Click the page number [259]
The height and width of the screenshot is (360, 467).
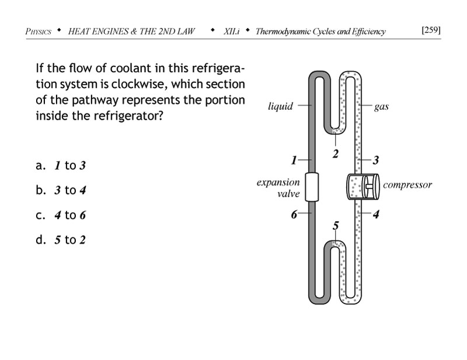coord(430,30)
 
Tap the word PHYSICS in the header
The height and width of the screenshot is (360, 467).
coord(39,32)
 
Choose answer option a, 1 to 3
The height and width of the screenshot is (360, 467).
coord(61,166)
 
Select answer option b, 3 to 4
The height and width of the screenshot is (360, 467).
coord(61,190)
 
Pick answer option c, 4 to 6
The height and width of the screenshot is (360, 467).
coord(61,215)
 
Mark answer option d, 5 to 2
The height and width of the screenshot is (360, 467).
coord(61,239)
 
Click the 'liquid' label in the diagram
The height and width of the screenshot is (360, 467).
coord(280,107)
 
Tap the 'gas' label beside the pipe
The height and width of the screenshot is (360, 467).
coord(382,107)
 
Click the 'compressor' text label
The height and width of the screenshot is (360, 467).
coord(407,185)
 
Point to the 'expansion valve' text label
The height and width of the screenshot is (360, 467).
coord(278,188)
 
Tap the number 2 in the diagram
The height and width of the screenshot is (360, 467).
coord(335,155)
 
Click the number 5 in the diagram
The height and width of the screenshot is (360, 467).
coord(335,225)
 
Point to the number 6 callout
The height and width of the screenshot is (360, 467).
coord(295,214)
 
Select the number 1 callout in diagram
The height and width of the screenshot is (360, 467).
coord(295,159)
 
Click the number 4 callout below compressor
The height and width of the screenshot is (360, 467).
coord(376,214)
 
